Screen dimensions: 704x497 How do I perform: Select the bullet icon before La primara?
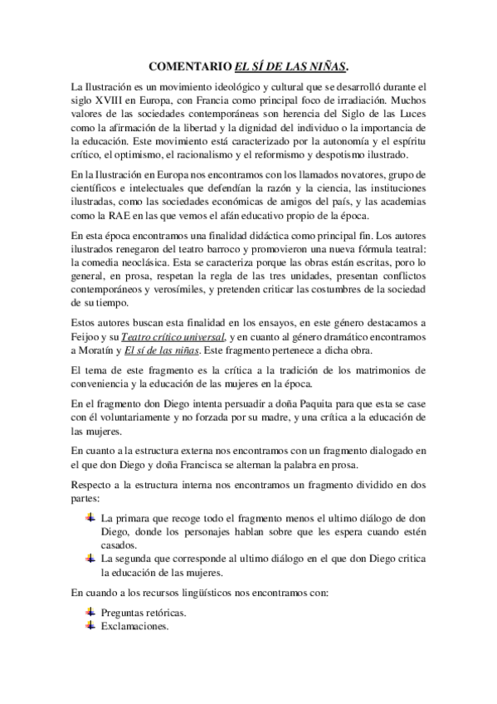pyautogui.click(x=90, y=516)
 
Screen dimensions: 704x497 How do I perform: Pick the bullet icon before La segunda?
pyautogui.click(x=90, y=559)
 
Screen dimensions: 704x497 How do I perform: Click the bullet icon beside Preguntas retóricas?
pyautogui.click(x=90, y=612)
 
